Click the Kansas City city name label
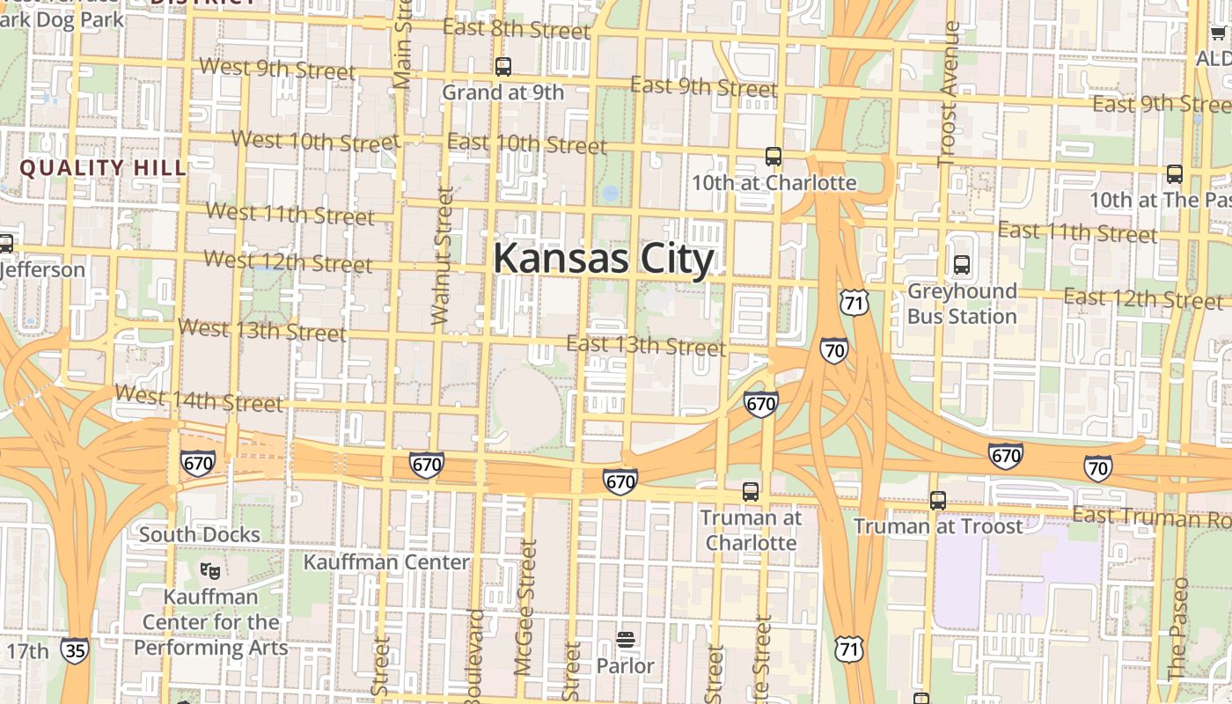tap(603, 259)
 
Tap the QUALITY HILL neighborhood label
tap(103, 168)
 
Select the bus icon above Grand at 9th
tap(503, 66)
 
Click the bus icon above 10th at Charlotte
tap(774, 157)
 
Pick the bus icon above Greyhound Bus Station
tap(962, 264)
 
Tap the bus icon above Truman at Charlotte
tap(751, 492)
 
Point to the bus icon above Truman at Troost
tap(938, 501)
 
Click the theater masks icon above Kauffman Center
tap(209, 571)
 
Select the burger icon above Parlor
tap(626, 640)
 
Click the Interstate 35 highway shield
tap(75, 650)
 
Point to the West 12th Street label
tap(289, 261)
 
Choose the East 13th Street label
tap(646, 345)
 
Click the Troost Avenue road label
tap(948, 93)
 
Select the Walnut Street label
tap(443, 255)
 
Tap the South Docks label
tap(200, 534)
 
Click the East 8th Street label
tap(517, 29)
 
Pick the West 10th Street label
tap(315, 140)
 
